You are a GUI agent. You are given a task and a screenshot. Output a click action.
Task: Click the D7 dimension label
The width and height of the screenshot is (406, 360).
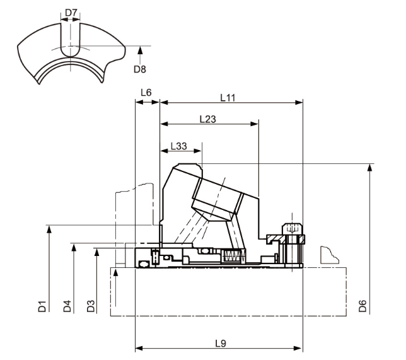coord(71,13)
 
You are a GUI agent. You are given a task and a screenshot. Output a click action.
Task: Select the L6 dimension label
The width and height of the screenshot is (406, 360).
coord(146,93)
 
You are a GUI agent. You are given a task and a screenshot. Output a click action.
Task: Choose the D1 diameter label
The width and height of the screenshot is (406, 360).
coord(42,307)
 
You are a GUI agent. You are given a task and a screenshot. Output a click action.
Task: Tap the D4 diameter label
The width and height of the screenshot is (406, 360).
coord(67,307)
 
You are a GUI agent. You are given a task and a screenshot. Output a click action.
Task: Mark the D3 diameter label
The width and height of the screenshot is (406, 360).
coord(91,307)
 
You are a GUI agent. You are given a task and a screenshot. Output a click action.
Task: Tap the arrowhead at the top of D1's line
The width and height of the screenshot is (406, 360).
coord(49,228)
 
